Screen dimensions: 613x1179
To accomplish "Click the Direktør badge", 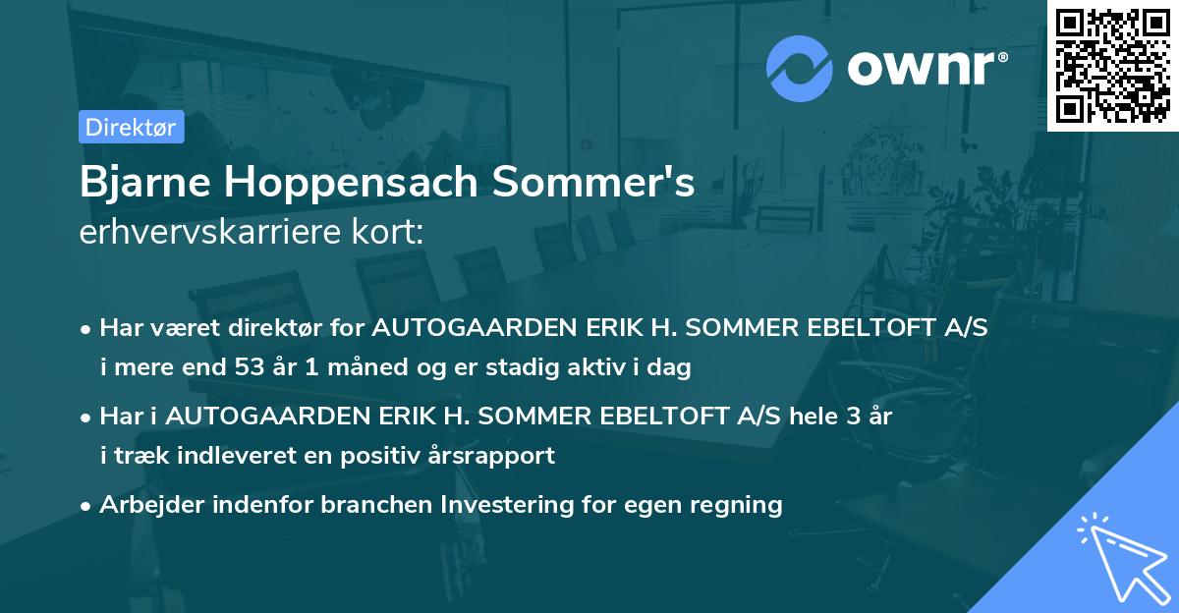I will (x=130, y=127).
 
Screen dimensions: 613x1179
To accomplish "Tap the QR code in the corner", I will (x=1113, y=65).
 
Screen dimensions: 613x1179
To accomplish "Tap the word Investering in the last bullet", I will (x=507, y=505).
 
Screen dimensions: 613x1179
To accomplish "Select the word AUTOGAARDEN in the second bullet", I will (x=245, y=416).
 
